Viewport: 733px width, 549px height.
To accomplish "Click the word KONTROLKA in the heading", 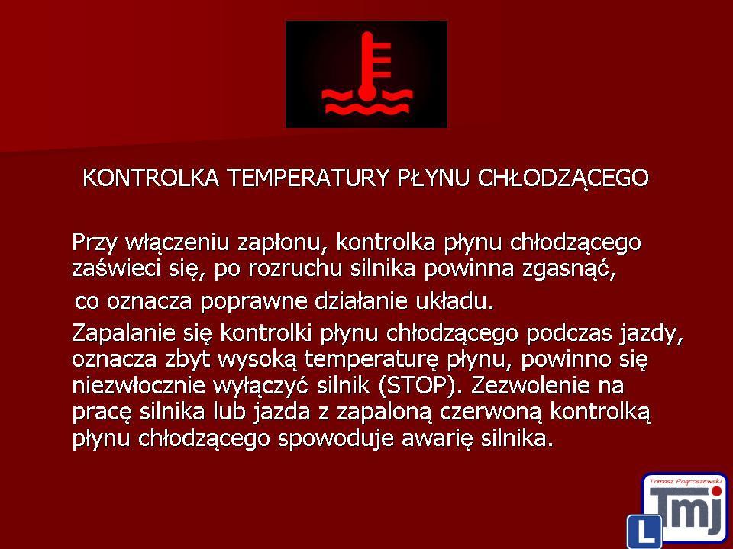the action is coord(150,178).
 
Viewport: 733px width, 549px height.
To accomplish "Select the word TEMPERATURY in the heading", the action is coord(308,178).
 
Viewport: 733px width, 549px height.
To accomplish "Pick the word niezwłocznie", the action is coord(139,386).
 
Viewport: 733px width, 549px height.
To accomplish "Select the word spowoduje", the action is coord(336,439).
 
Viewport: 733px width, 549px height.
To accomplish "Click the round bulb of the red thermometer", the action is coord(367,92).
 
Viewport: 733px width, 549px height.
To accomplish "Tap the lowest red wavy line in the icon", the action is coord(367,110).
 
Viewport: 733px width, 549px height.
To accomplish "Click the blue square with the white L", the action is coord(644,531).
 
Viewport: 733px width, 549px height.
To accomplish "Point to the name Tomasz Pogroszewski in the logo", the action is coord(685,482).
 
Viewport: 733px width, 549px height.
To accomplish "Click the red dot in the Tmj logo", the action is coord(715,490).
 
